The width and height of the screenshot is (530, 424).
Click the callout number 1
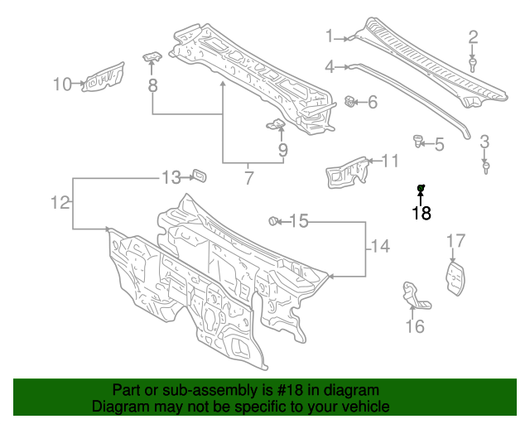coord(329,36)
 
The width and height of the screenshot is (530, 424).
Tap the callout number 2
coord(473,36)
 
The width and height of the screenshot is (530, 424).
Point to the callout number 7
coord(248,176)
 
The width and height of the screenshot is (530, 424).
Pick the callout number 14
coord(379,246)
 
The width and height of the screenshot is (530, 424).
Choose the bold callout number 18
coord(422,213)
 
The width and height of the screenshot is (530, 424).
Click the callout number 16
coord(415,326)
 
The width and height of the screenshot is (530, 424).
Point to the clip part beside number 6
coord(351,102)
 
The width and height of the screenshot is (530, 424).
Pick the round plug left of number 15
coord(272,220)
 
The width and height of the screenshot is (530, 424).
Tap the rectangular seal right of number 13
coord(199,176)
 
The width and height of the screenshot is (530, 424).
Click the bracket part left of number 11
coord(346,169)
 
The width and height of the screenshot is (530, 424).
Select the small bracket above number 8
coord(152,55)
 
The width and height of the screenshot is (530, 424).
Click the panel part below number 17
coord(455,277)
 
